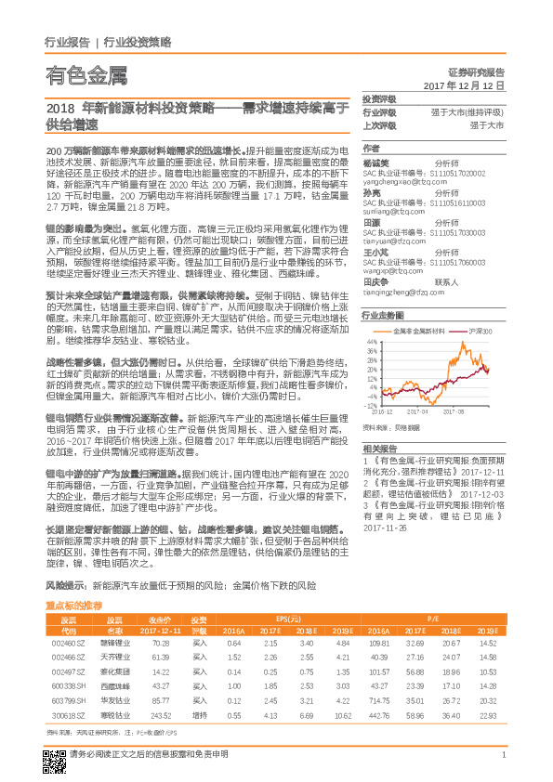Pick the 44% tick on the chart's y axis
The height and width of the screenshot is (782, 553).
pos(371,341)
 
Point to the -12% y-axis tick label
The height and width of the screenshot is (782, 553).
pos(371,405)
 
